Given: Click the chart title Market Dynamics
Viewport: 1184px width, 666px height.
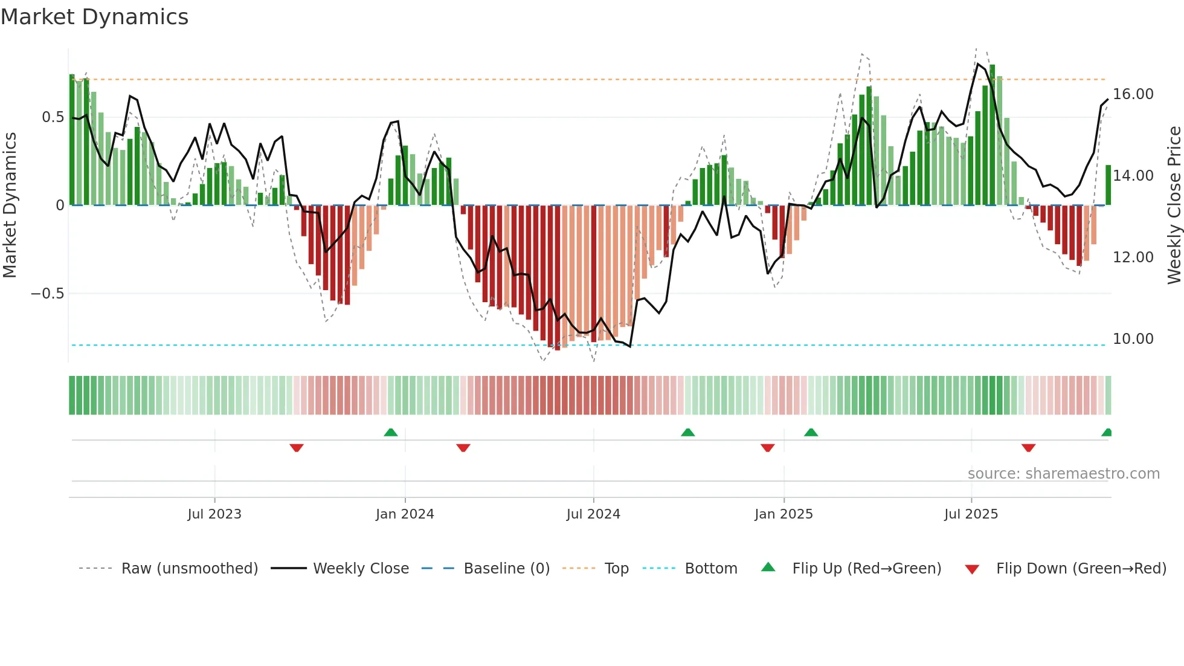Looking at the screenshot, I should pyautogui.click(x=94, y=17).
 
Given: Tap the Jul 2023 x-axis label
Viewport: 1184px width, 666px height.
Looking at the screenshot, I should pyautogui.click(x=214, y=514).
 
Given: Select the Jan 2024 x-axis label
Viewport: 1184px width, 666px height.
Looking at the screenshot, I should pyautogui.click(x=405, y=514).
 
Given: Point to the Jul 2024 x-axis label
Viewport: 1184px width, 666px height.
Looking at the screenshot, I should pyautogui.click(x=593, y=514).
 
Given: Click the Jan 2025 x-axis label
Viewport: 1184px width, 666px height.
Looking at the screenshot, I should pyautogui.click(x=783, y=514).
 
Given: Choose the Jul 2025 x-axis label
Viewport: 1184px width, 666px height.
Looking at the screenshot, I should pyautogui.click(x=971, y=514).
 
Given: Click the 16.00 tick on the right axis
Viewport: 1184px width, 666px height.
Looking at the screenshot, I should pyautogui.click(x=1133, y=94).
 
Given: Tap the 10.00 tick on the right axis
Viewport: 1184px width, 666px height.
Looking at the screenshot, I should pyautogui.click(x=1133, y=339).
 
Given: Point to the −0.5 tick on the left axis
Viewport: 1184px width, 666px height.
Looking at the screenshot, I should pyautogui.click(x=47, y=294).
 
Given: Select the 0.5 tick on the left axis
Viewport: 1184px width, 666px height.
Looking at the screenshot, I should pyautogui.click(x=53, y=117).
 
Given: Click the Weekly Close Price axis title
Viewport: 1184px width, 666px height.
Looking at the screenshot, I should pyautogui.click(x=1174, y=205).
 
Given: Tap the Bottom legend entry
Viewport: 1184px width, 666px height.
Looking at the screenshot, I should pyautogui.click(x=710, y=569).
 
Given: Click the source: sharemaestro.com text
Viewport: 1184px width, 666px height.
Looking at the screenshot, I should pyautogui.click(x=1063, y=474).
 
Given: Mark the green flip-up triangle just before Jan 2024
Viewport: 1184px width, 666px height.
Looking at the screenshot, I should pyautogui.click(x=391, y=432).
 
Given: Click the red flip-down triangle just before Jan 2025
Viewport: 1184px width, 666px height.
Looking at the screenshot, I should pyautogui.click(x=767, y=448).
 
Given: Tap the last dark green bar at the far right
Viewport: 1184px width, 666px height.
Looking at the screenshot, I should pyautogui.click(x=1108, y=185).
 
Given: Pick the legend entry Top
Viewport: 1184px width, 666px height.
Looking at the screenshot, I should pyautogui.click(x=616, y=569).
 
